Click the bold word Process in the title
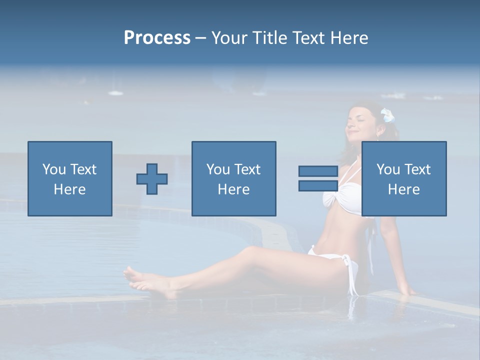click(157, 38)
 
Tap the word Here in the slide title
click(348, 38)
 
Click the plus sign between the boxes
click(152, 179)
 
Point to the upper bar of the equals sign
click(318, 171)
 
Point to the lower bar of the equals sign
click(318, 185)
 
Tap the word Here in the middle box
click(233, 189)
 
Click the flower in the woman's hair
click(387, 116)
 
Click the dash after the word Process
click(201, 38)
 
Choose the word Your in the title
click(229, 38)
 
